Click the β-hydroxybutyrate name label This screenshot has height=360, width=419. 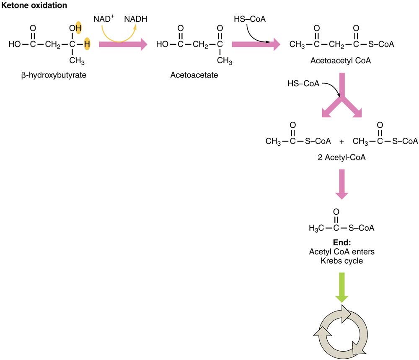pos(54,76)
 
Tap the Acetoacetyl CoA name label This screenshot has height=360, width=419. pos(341,61)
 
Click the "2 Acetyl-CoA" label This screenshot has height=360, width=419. pos(341,158)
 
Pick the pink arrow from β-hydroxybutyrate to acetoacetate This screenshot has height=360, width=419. pos(123,44)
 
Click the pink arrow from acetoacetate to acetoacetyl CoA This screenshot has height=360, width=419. pos(256,44)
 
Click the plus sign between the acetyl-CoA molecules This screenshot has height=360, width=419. pos(341,141)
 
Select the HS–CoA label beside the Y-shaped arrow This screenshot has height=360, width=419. pos(303,84)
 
